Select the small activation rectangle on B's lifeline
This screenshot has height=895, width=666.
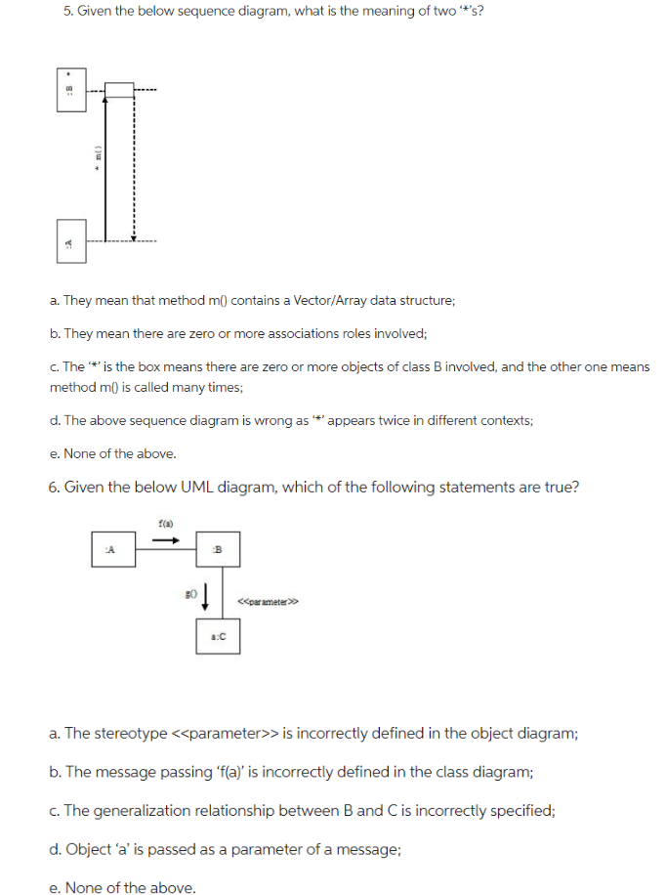tap(119, 90)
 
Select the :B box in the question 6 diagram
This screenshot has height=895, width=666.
tap(219, 549)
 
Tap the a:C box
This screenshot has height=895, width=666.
tap(219, 636)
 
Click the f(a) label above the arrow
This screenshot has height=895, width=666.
tap(163, 525)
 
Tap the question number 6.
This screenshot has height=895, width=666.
tap(54, 487)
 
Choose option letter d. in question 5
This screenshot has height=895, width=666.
tap(55, 420)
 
